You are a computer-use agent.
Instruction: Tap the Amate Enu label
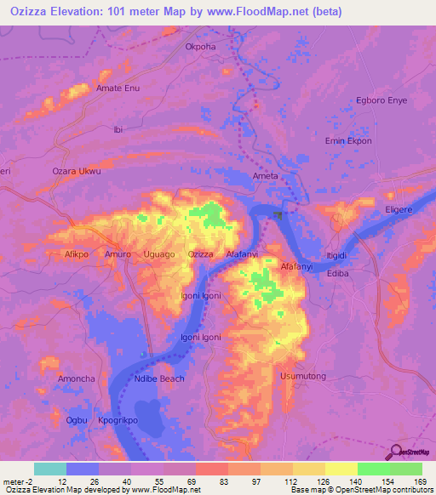[x=118, y=88]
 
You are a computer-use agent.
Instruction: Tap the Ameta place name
[x=266, y=176]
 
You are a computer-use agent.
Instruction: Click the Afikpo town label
[x=78, y=254]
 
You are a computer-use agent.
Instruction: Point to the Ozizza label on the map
[x=200, y=254]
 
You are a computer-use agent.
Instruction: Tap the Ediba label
[x=338, y=275]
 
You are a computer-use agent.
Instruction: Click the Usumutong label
[x=299, y=374]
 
